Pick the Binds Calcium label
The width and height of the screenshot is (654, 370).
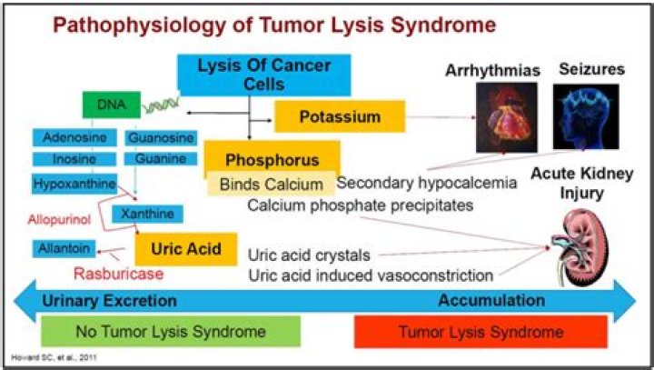(270, 184)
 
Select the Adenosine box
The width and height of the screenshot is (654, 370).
(75, 138)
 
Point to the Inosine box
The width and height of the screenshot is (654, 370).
(75, 159)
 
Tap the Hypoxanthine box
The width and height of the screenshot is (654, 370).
(75, 183)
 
